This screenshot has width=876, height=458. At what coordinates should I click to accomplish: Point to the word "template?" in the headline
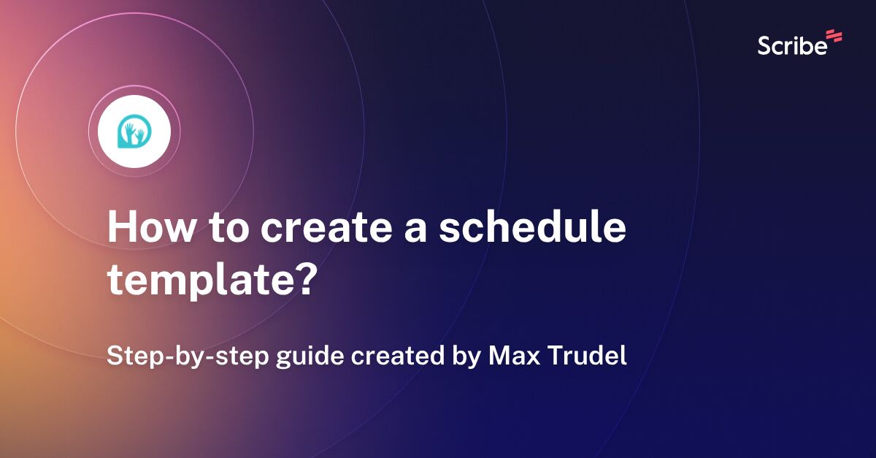(212, 280)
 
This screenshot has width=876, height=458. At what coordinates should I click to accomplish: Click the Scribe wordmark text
(792, 45)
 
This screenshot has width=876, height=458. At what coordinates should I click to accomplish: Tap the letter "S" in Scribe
(764, 45)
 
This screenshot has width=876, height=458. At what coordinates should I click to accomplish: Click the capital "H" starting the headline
(120, 229)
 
